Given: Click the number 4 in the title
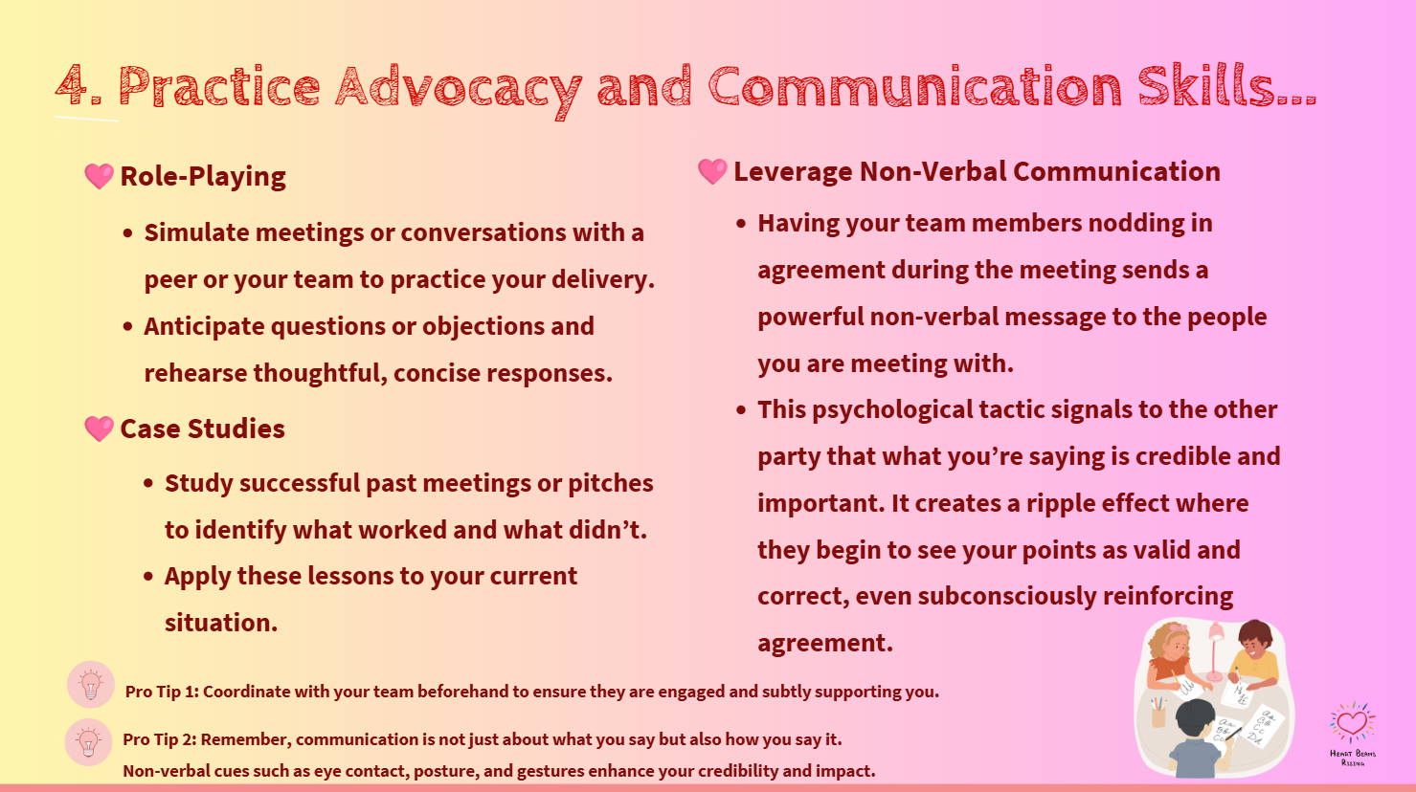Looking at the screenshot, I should [73, 86].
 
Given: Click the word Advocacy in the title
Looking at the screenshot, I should [458, 88].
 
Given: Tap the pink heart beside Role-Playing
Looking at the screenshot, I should [99, 176].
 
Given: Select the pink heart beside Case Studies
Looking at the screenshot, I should [99, 429].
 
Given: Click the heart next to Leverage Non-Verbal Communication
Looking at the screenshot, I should [712, 171].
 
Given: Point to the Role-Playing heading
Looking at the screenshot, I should [203, 176].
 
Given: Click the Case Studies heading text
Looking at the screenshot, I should [202, 429].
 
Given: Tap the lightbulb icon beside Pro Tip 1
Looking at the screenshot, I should [91, 685].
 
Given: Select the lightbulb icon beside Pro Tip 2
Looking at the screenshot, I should [89, 742].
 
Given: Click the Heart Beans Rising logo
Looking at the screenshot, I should [1352, 731].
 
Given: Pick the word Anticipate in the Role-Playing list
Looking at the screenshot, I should [204, 326].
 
